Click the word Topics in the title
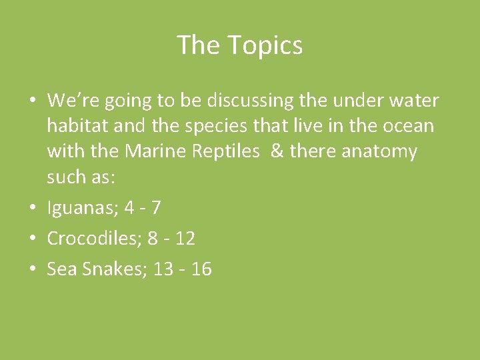click(x=265, y=45)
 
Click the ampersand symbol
click(x=278, y=151)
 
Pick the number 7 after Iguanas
click(x=155, y=208)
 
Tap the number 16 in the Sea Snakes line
click(x=200, y=269)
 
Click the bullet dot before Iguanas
click(x=32, y=209)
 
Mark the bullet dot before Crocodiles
click(x=32, y=239)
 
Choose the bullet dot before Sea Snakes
click(x=32, y=269)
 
